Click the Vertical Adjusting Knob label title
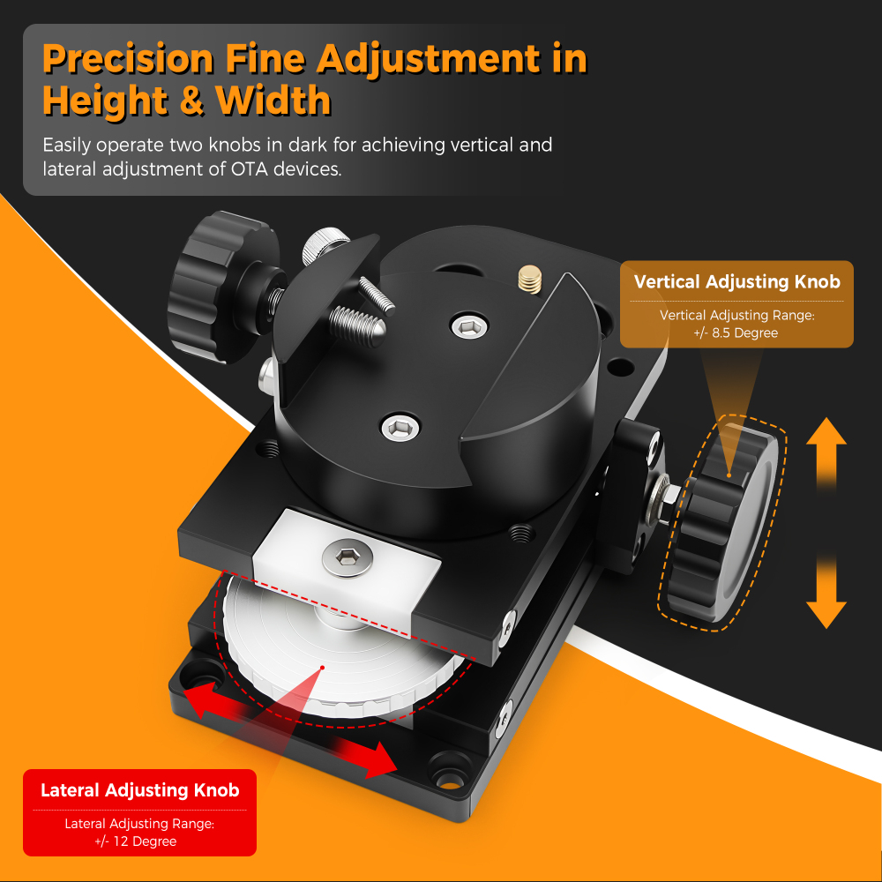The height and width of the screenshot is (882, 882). coord(736,282)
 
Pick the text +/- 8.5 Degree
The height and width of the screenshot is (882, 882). coord(736,333)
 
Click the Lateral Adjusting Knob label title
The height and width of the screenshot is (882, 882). coord(139,790)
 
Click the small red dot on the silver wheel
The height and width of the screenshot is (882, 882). coord(324,667)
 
